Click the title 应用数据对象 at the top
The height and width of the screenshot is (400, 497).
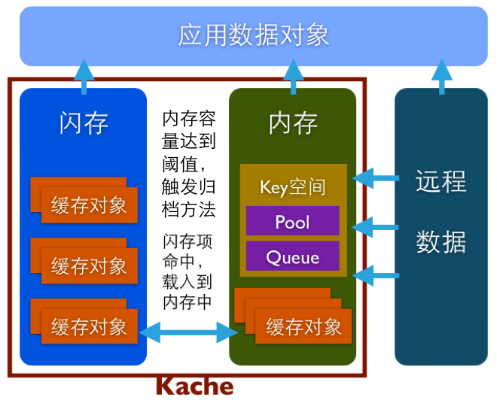(x=254, y=36)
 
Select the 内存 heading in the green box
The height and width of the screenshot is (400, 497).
(x=293, y=123)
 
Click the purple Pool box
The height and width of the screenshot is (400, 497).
(x=292, y=222)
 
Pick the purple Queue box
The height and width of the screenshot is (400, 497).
(x=292, y=257)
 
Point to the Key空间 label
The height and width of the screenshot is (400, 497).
(x=292, y=186)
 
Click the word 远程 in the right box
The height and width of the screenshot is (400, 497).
(x=441, y=182)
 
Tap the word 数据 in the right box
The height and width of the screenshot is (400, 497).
(x=441, y=242)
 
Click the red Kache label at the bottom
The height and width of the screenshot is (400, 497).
(x=194, y=386)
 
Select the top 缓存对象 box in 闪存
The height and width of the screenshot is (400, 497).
(x=89, y=205)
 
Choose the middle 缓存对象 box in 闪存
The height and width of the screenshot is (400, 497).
(x=89, y=265)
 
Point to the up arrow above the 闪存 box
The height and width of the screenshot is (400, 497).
(x=83, y=76)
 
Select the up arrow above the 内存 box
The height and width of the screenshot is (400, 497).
(x=293, y=76)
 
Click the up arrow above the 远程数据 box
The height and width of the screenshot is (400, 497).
(x=441, y=76)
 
